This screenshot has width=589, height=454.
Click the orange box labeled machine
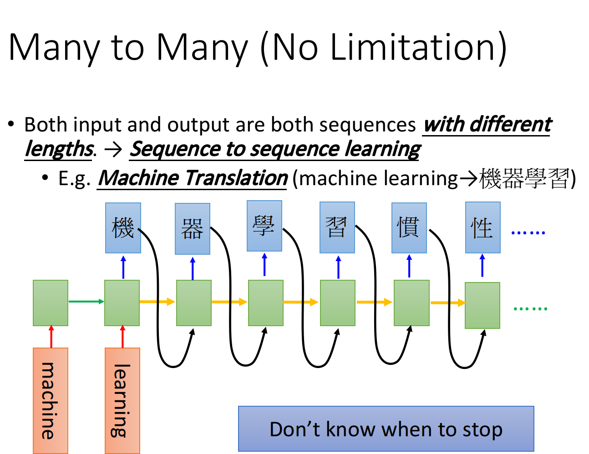tap(51, 401)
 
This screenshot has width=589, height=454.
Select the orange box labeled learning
tap(122, 401)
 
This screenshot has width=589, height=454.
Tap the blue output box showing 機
tap(123, 228)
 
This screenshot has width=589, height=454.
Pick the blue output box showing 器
tap(193, 229)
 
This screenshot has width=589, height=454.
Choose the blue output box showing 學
tap(264, 226)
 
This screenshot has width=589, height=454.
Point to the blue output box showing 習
tap(337, 227)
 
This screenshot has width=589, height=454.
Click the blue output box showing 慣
tap(409, 228)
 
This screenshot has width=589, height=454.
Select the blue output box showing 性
tap(483, 227)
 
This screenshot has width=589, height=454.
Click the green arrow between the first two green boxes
tap(86, 302)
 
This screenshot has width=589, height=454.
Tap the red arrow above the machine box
tap(51, 337)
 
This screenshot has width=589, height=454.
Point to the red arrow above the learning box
tap(122, 337)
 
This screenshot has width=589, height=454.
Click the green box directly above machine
tap(51, 303)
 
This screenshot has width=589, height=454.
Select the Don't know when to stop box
tap(386, 429)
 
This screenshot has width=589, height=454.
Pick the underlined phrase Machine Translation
tap(192, 178)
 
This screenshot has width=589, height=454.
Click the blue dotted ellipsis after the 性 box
tap(528, 233)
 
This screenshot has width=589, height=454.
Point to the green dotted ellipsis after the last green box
tap(530, 308)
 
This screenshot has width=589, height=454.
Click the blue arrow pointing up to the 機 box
tap(123, 267)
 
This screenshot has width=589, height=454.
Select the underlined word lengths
tap(59, 150)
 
